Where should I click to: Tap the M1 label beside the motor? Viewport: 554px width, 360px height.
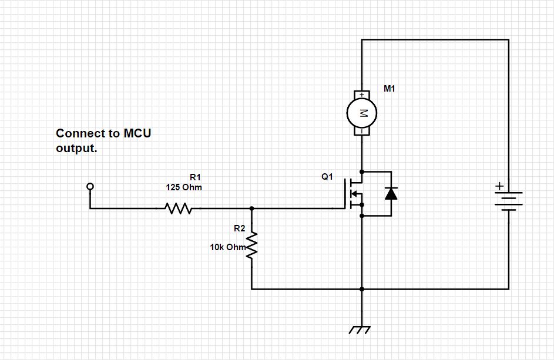pos(390,89)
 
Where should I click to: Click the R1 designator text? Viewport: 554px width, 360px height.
pos(195,177)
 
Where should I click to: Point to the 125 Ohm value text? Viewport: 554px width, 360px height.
pos(184,187)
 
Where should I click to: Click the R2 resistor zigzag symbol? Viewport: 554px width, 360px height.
pos(252,245)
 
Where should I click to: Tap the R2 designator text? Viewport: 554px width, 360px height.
pos(239,228)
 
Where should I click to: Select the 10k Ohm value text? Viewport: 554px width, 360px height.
pos(227,247)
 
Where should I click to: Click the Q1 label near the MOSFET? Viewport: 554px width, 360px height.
pos(327,177)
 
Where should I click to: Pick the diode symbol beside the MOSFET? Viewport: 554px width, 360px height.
pos(391,193)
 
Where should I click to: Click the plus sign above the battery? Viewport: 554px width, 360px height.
pos(499,186)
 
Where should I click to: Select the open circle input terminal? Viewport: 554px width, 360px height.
pos(90,187)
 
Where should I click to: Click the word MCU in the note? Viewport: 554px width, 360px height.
pos(137,133)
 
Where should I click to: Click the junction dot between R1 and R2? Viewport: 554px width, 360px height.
pos(252,208)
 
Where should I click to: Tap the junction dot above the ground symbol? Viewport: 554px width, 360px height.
pos(361,289)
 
